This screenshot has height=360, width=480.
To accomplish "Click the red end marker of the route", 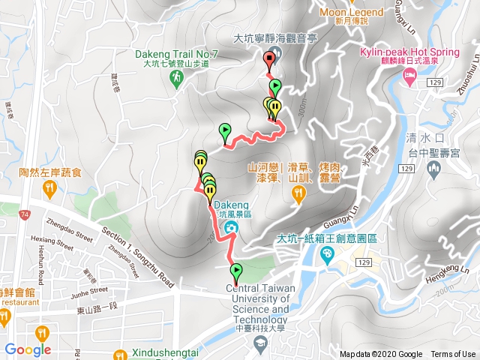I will tap(269, 61).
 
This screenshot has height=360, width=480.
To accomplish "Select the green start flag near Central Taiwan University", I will tap(236, 271).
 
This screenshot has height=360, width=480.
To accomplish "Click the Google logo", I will tap(28, 349).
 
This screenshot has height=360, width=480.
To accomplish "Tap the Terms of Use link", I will tap(453, 354).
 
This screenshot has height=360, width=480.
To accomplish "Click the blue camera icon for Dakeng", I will tap(231, 227).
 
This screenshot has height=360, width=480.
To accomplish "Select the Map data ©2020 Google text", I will tap(381, 354).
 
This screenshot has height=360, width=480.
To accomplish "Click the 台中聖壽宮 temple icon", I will tap(433, 171).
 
